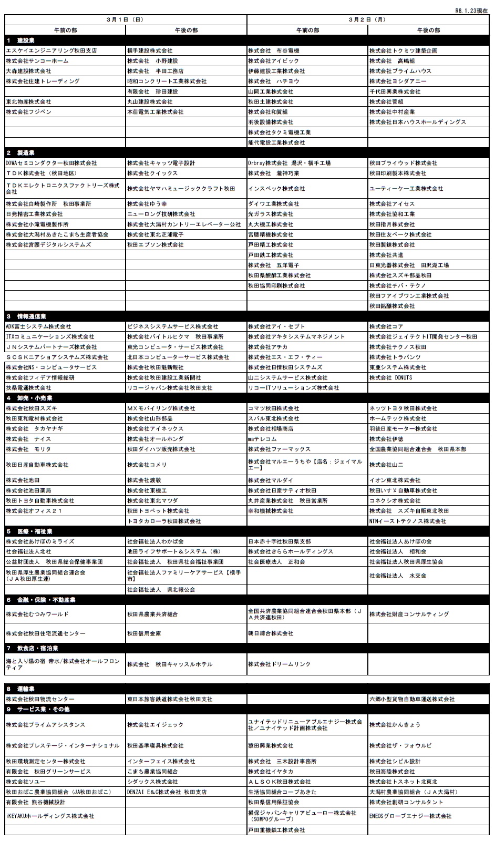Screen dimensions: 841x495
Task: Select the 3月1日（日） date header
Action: pyautogui.click(x=125, y=20)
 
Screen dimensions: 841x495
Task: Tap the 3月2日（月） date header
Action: pyautogui.click(x=367, y=20)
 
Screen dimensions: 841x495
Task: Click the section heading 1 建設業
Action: pyautogui.click(x=22, y=40)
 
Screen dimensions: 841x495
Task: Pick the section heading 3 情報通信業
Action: pyautogui.click(x=27, y=316)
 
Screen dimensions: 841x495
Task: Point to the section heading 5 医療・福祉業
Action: pyautogui.click(x=29, y=531)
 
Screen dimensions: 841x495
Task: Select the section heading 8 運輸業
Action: pyautogui.click(x=22, y=689)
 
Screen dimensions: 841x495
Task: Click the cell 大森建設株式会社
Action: pyautogui.click(x=29, y=71)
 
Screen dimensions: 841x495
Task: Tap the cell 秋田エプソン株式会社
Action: pyautogui.click(x=156, y=245)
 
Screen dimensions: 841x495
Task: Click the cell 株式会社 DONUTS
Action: pyautogui.click(x=391, y=378)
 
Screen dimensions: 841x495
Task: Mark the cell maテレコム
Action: pyautogui.click(x=262, y=439)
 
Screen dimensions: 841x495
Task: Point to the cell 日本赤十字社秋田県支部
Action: pyautogui.click(x=280, y=541)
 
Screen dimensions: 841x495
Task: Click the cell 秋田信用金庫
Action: pyautogui.click(x=144, y=634)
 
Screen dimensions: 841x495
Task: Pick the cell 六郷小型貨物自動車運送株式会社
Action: pyautogui.click(x=412, y=700)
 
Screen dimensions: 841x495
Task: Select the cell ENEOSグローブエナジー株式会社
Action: pyautogui.click(x=410, y=816)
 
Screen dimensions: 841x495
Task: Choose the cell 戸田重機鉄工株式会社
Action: pyautogui.click(x=276, y=830)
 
